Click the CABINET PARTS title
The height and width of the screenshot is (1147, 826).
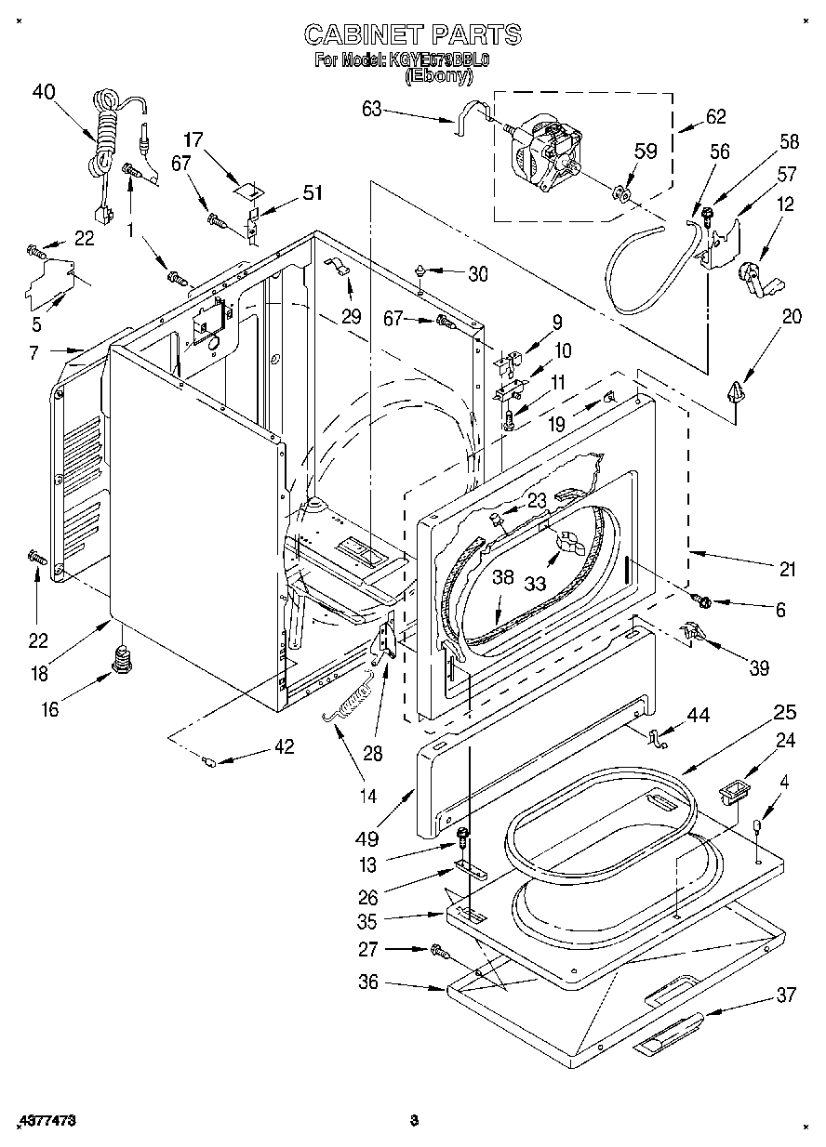(x=413, y=35)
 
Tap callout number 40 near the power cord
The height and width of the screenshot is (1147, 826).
(x=44, y=91)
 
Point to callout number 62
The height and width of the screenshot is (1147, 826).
(x=715, y=117)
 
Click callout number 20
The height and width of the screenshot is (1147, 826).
(x=791, y=315)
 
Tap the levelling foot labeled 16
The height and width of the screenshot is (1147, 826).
(x=121, y=661)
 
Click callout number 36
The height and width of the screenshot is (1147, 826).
(x=368, y=982)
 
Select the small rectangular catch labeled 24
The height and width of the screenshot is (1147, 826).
(x=734, y=795)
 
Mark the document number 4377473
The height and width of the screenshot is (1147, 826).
(x=46, y=1121)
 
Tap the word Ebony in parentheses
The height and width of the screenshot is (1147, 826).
(x=438, y=77)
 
